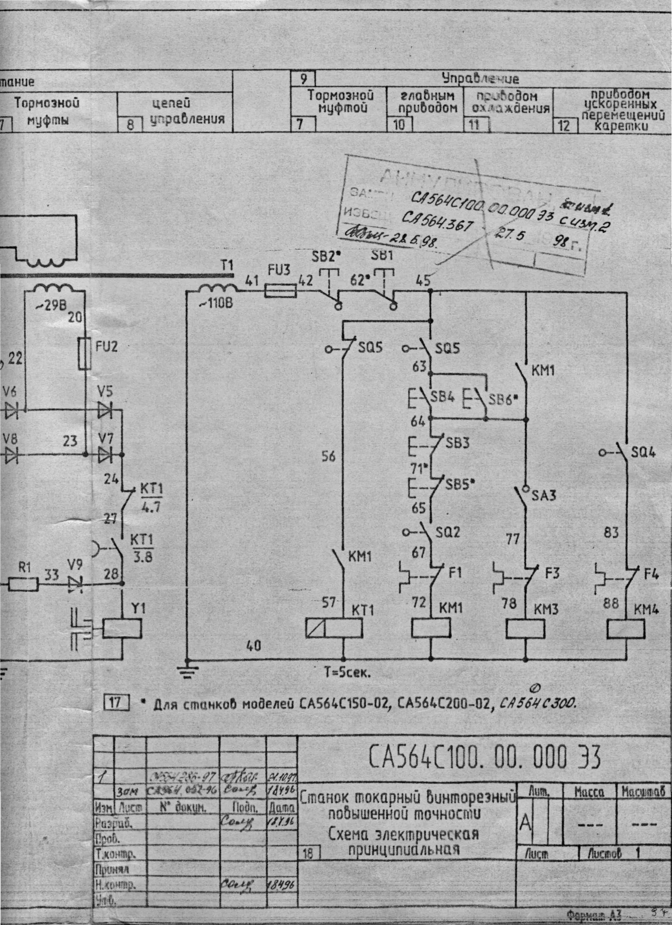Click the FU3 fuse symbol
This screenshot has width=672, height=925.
point(280,291)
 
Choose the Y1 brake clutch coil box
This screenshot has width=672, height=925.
point(122,628)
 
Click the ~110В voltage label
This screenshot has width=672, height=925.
point(216,303)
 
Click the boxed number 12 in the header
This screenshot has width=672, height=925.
point(564,125)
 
